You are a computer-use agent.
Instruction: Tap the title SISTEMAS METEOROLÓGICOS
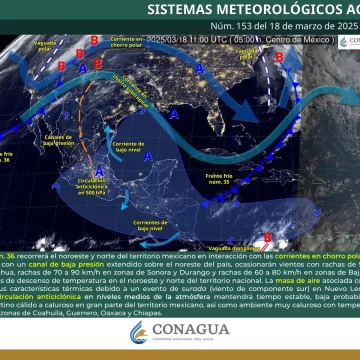click(249, 9)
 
